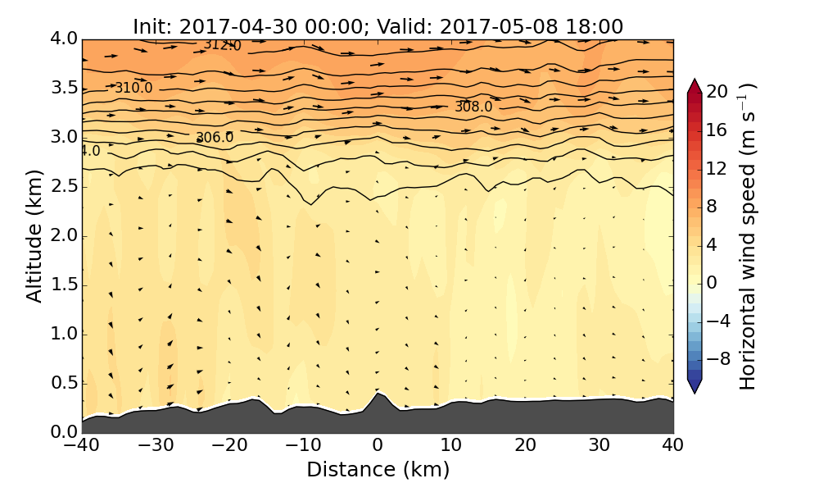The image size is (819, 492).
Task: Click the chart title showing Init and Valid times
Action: click(378, 26)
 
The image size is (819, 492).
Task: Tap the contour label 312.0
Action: click(223, 45)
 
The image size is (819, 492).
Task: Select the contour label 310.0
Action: click(133, 88)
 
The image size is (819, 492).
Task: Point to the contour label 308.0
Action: click(473, 107)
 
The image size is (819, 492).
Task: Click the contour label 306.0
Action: click(215, 138)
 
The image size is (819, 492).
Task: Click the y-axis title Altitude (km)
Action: click(34, 236)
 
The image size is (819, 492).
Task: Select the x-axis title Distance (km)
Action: click(378, 470)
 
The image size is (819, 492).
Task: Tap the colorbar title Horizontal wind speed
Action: click(748, 236)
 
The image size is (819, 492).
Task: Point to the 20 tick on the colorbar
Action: click(717, 92)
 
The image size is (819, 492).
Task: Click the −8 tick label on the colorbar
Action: click(717, 358)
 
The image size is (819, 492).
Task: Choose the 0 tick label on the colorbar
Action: click(712, 282)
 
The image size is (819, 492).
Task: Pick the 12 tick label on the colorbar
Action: click(717, 168)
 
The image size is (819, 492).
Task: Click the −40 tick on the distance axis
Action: click(82, 446)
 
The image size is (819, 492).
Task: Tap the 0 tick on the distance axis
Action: click(378, 446)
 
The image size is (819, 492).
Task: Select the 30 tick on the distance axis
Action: click(600, 446)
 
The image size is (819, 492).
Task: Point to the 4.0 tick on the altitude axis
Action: click(63, 39)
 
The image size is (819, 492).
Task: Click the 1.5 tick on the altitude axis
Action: click(63, 285)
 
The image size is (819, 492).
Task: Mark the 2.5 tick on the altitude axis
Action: click(63, 186)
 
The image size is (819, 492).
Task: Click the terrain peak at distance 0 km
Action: click(378, 394)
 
